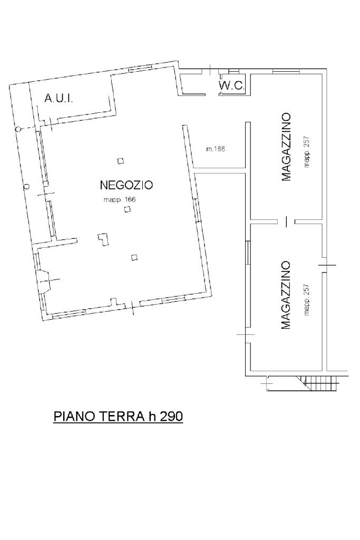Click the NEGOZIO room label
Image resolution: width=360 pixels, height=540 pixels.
(x=126, y=185)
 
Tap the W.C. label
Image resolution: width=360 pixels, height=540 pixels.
(x=231, y=86)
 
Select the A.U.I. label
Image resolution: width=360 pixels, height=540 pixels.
(x=59, y=99)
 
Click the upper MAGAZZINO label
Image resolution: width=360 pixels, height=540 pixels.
(x=286, y=147)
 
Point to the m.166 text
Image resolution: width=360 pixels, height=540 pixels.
(x=216, y=149)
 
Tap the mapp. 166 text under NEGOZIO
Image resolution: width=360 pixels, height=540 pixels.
(x=120, y=200)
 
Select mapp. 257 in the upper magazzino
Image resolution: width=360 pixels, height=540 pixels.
(x=307, y=152)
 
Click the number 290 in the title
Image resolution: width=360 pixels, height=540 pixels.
(x=171, y=417)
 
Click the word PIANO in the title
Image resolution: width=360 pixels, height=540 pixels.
(x=74, y=417)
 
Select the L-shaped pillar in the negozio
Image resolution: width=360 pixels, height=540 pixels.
(x=103, y=239)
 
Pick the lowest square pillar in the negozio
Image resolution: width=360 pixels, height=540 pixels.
(x=134, y=257)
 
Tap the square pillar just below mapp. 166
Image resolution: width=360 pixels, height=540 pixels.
(x=128, y=209)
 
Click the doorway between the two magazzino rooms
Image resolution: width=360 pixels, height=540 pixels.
(x=286, y=221)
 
